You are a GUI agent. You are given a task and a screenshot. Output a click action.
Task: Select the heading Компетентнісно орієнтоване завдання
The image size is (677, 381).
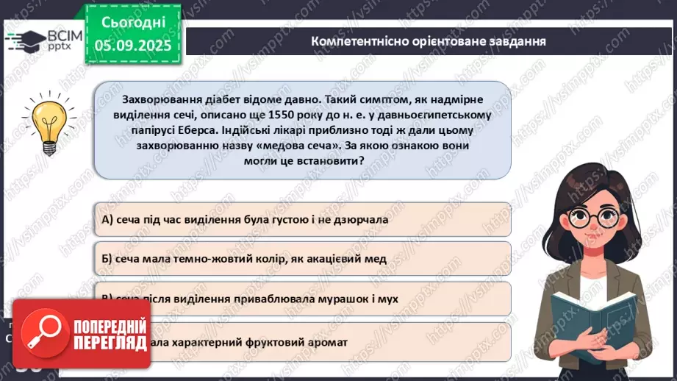(428, 41)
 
